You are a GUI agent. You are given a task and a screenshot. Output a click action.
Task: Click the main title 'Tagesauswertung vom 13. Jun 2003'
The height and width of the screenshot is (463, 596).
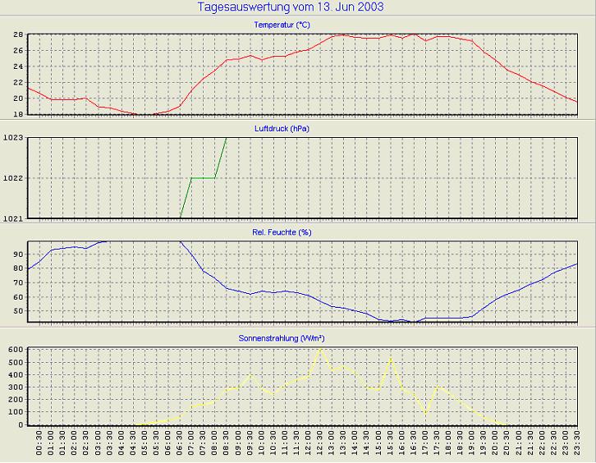(x=291, y=7)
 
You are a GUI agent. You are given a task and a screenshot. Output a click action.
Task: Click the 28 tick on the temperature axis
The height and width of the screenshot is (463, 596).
(x=17, y=34)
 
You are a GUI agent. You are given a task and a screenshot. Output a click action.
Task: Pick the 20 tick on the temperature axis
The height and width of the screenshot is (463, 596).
(x=17, y=99)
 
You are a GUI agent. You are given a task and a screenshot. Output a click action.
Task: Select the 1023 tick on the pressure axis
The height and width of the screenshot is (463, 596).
(x=13, y=138)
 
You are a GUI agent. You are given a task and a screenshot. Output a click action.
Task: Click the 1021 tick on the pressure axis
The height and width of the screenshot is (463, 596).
(x=13, y=218)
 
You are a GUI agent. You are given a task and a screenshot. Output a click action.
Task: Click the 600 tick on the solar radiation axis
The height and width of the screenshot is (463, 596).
(x=14, y=349)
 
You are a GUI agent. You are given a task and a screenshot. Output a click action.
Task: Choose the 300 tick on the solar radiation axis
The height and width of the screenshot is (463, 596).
(x=14, y=387)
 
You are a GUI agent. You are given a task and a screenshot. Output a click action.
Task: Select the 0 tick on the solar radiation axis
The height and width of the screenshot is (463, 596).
(x=20, y=424)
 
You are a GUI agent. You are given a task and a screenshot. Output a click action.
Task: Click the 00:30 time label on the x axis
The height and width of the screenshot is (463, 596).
(x=39, y=444)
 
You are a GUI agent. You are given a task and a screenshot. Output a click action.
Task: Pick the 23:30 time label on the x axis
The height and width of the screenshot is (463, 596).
(x=578, y=444)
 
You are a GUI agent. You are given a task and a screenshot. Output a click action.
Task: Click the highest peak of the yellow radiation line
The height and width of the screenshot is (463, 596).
(x=320, y=349)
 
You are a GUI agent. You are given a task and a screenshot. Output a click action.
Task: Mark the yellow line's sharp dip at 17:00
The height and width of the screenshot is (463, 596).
(x=426, y=415)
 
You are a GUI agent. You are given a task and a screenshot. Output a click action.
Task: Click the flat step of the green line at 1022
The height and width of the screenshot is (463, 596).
(x=203, y=177)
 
